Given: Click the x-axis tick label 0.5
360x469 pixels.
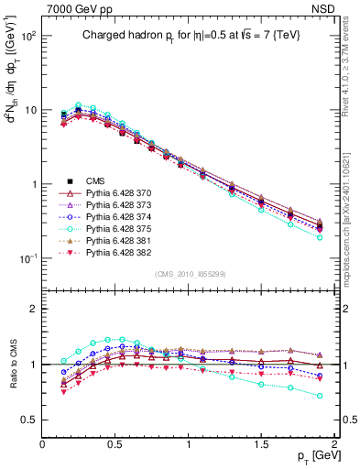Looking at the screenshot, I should click(x=115, y=444).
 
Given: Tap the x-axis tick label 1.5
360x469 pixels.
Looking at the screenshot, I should click(x=262, y=444).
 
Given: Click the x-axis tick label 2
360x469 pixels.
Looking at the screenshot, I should click(x=335, y=444).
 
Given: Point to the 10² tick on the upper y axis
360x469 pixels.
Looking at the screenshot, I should click(x=28, y=36).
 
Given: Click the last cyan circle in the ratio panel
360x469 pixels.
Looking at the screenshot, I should click(x=320, y=396).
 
